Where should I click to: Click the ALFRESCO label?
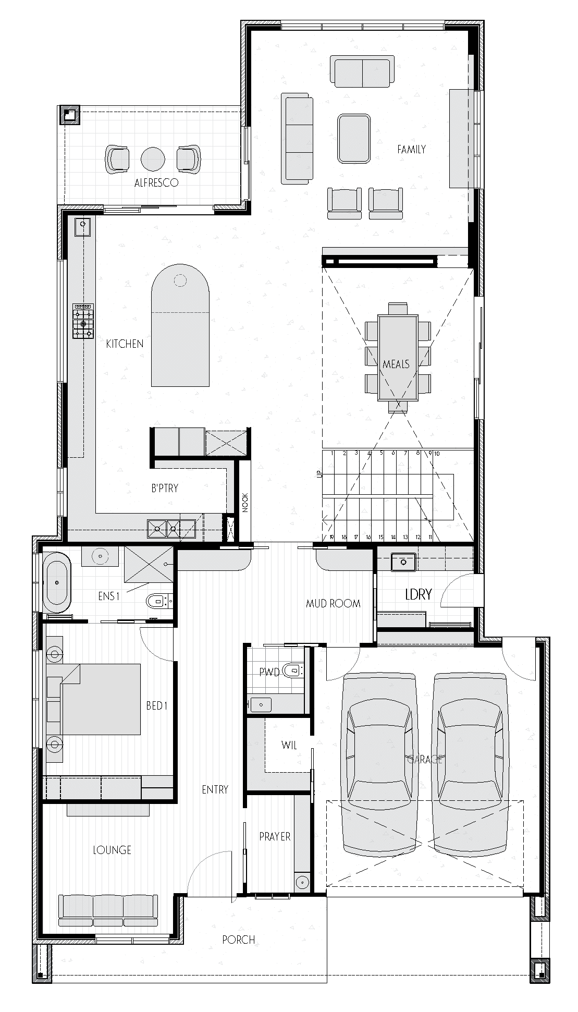156,183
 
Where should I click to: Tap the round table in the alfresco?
153,159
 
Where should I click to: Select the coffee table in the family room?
354,138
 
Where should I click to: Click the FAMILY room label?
411,150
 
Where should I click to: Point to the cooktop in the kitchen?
83,322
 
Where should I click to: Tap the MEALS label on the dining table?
396,364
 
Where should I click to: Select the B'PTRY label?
165,488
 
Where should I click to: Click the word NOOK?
245,503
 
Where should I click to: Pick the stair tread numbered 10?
437,454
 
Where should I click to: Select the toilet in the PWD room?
293,670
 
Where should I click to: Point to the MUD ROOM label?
333,604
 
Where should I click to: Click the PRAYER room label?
275,836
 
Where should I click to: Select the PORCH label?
239,940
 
